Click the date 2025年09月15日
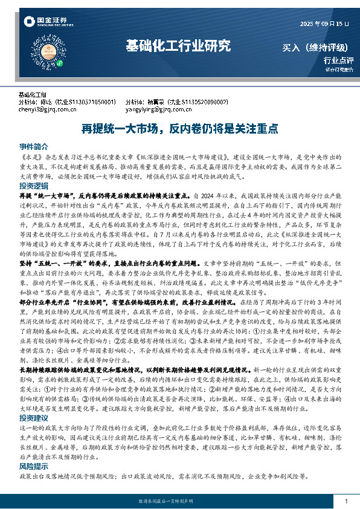tap(325, 24)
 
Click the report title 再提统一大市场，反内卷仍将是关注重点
tap(179, 128)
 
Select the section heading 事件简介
tap(33, 147)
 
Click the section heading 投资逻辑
tap(33, 186)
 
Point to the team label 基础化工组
tap(33, 95)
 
